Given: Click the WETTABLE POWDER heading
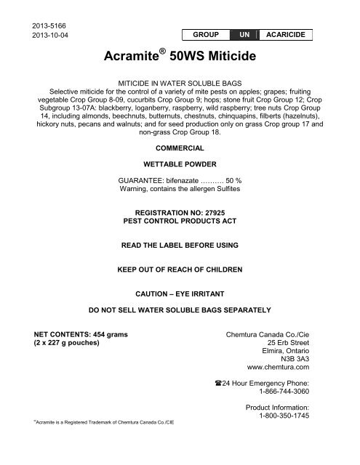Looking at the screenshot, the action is click(x=179, y=165).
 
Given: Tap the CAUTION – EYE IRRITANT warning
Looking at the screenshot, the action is click(x=179, y=296).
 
